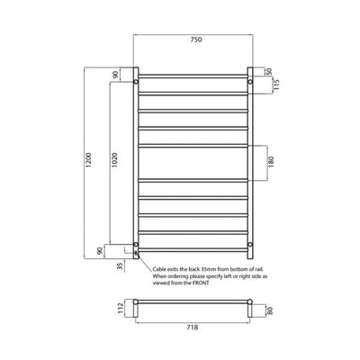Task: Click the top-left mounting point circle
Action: [136, 82]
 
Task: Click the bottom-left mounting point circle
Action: [136, 244]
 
